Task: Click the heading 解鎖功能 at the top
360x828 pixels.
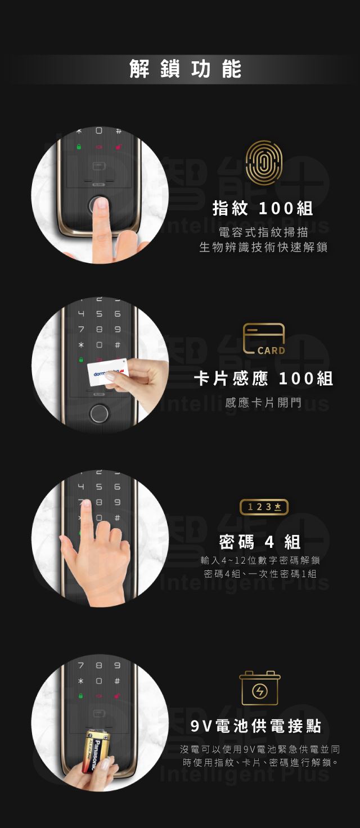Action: click(x=185, y=69)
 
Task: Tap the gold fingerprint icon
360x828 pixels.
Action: click(x=264, y=163)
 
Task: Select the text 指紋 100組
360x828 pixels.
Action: click(x=263, y=209)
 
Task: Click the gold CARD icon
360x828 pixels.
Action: click(x=264, y=339)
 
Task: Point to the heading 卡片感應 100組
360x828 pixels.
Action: click(x=264, y=379)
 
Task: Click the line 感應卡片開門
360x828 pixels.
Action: click(x=263, y=402)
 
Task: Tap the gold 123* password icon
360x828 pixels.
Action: click(x=264, y=507)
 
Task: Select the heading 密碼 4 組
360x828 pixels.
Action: click(x=260, y=542)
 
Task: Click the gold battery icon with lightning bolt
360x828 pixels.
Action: click(x=260, y=688)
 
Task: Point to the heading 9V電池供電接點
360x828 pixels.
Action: click(x=256, y=726)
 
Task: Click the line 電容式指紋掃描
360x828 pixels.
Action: click(x=263, y=232)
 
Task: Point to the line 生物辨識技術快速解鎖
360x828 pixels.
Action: click(x=263, y=247)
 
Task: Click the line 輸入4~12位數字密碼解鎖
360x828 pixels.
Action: click(x=260, y=560)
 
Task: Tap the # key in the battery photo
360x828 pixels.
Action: click(x=117, y=681)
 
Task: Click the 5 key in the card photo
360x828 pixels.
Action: click(x=99, y=314)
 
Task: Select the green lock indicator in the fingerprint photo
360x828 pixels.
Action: click(x=79, y=146)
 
